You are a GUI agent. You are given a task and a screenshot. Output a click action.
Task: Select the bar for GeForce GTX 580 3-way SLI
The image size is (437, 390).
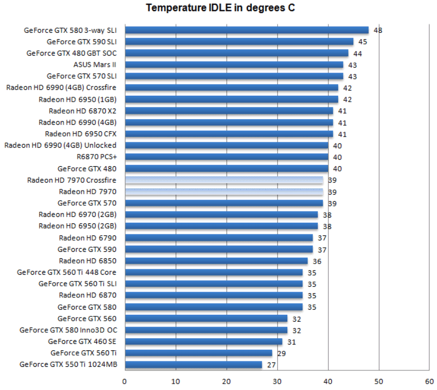click(x=247, y=30)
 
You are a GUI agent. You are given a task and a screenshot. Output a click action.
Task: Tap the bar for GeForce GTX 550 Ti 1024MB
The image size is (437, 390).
click(x=193, y=365)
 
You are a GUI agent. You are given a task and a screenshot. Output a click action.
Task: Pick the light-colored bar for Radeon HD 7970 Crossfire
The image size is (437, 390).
click(x=224, y=180)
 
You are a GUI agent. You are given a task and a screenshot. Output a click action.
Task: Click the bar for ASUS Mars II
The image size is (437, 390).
click(x=234, y=65)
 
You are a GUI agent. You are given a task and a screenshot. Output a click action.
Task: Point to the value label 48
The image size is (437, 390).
click(x=378, y=30)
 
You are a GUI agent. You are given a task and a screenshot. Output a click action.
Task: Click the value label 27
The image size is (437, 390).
click(x=271, y=365)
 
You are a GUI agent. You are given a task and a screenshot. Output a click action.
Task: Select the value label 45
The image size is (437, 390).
click(x=362, y=42)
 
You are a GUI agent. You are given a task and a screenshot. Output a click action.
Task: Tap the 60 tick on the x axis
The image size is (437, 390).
click(x=429, y=381)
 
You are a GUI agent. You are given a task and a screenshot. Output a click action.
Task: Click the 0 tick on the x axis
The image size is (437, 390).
click(x=125, y=381)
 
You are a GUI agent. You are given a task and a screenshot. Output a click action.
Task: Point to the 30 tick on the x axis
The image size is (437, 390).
click(x=277, y=381)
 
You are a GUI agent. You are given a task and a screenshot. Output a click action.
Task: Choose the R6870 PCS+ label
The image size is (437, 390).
click(x=96, y=157)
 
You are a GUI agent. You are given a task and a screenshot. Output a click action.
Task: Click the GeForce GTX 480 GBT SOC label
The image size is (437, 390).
click(x=71, y=53)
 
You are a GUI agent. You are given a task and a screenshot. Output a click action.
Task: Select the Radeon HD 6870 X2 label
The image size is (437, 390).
click(x=83, y=111)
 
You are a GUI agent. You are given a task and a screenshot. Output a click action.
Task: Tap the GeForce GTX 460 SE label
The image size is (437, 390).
click(x=82, y=341)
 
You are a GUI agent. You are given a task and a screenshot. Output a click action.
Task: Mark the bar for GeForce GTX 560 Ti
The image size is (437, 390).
click(x=198, y=353)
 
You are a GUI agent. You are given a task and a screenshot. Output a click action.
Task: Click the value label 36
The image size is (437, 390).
click(x=317, y=261)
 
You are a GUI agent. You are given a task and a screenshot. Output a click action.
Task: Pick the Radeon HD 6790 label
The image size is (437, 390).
click(x=87, y=238)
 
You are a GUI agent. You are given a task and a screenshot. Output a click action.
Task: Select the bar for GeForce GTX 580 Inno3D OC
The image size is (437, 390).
click(x=206, y=330)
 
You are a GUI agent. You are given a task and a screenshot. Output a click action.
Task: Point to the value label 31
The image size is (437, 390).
click(x=292, y=341)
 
